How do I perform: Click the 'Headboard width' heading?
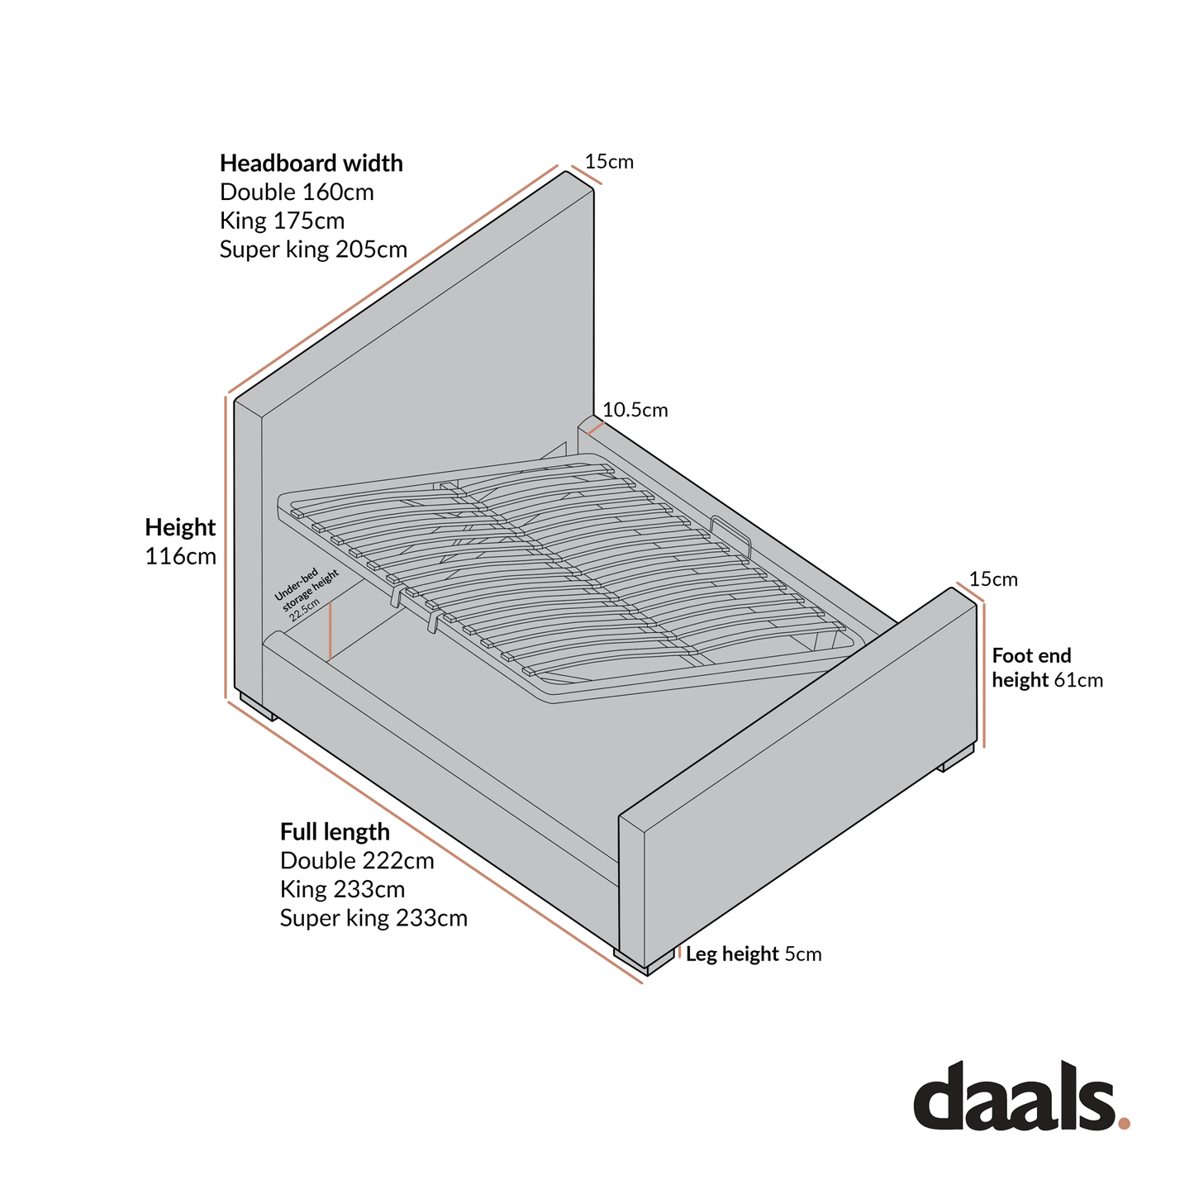click(311, 164)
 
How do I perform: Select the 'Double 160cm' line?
click(297, 192)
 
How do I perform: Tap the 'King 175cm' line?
click(282, 221)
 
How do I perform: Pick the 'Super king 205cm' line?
click(313, 250)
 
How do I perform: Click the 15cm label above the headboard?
click(609, 162)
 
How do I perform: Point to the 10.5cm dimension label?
click(635, 410)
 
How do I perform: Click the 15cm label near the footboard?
click(993, 578)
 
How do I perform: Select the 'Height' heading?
click(180, 527)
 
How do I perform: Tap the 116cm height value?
click(180, 556)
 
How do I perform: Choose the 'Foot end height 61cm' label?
click(1047, 668)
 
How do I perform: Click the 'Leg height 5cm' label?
click(754, 954)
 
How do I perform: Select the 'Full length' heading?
click(335, 831)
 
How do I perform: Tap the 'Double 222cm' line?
click(357, 861)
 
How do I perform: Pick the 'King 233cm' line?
click(342, 889)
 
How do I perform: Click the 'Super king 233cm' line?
click(373, 918)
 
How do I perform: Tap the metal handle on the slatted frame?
click(732, 536)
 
